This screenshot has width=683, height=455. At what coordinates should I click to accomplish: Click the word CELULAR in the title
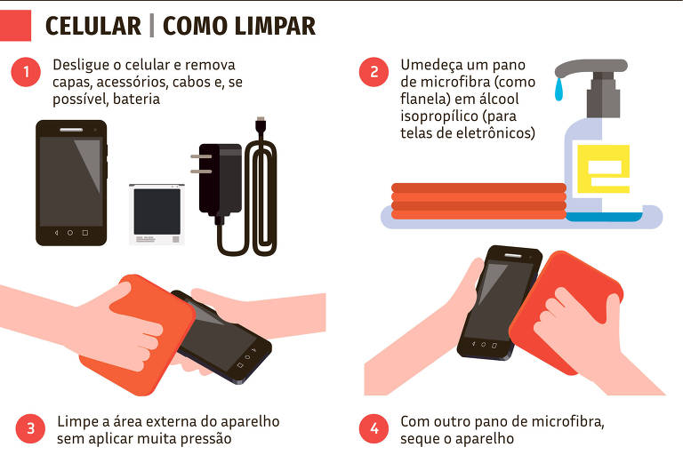point(92,26)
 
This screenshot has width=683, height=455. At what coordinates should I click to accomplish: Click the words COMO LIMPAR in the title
point(239,26)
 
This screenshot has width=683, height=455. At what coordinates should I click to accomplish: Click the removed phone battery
point(157,213)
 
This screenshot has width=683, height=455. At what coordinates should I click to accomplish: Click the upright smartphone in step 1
point(71,183)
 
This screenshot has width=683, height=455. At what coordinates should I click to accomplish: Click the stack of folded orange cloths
point(479,201)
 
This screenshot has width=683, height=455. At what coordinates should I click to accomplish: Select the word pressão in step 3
point(205,438)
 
